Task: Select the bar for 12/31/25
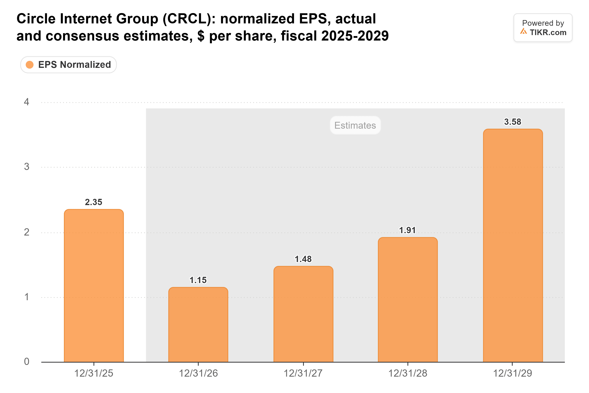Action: pos(94,286)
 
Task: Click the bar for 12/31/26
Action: pos(198,325)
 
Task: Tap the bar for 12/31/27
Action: pos(303,314)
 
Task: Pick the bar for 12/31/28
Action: pos(408,300)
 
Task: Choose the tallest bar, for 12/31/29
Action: pos(513,246)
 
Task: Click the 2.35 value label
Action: pos(94,202)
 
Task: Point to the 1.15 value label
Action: pos(198,280)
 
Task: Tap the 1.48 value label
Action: pos(303,259)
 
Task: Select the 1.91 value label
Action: pos(407,230)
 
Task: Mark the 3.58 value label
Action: pos(513,122)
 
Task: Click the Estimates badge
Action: pos(355,125)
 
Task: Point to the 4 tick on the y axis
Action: pos(26,102)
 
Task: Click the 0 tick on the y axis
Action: pos(26,361)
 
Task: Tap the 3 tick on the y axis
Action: pos(26,167)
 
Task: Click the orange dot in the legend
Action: pos(30,65)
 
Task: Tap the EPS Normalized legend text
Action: pos(75,65)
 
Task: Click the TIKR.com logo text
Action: pos(548,32)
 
